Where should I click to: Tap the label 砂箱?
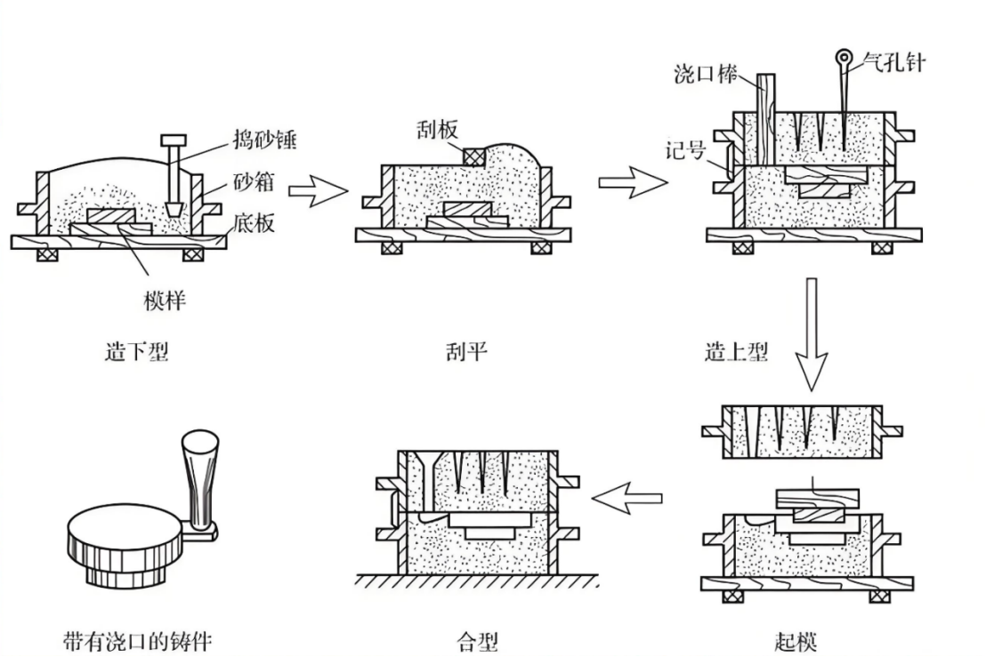(253, 183)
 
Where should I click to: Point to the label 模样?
(165, 300)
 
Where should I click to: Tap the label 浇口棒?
(705, 75)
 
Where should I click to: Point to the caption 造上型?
(736, 352)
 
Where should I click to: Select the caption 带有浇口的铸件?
(138, 640)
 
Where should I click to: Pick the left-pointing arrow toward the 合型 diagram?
(626, 498)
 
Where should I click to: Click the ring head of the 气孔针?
(842, 60)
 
